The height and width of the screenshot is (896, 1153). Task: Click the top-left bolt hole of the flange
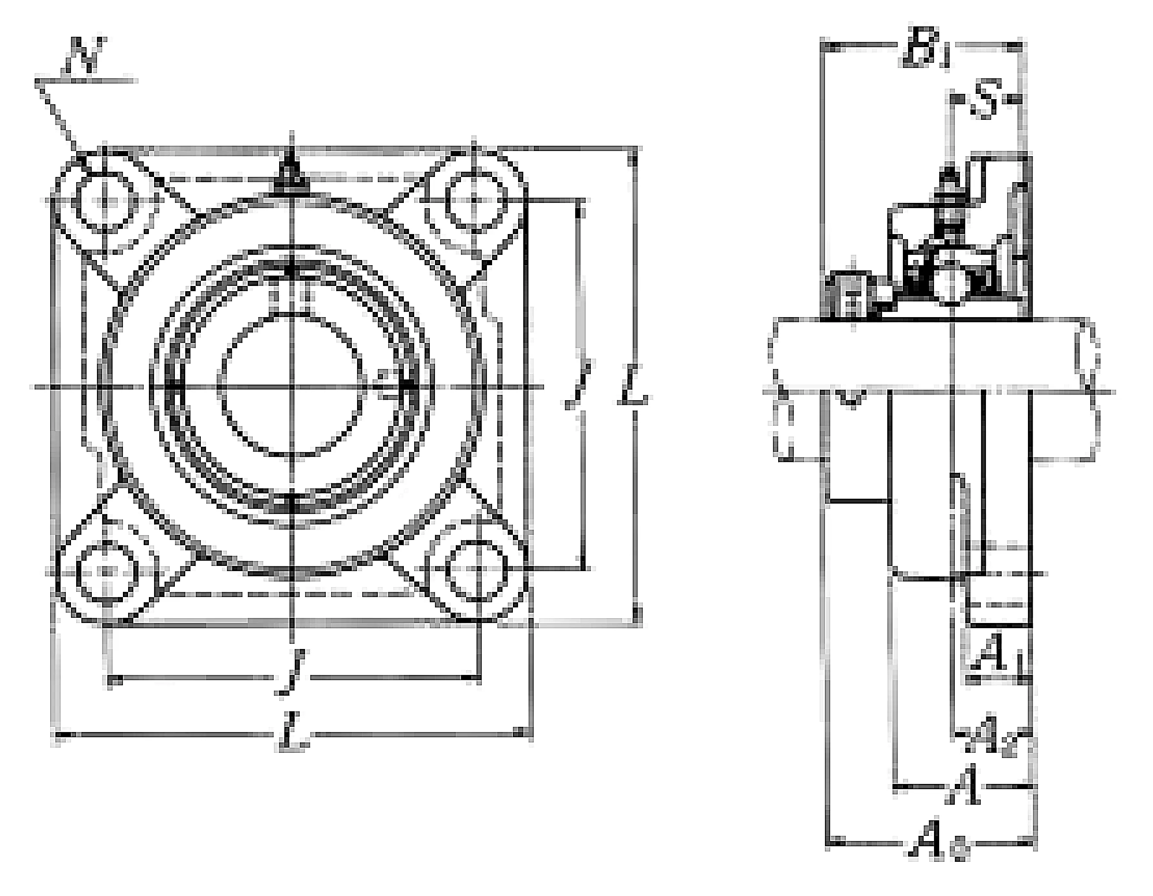click(105, 201)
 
